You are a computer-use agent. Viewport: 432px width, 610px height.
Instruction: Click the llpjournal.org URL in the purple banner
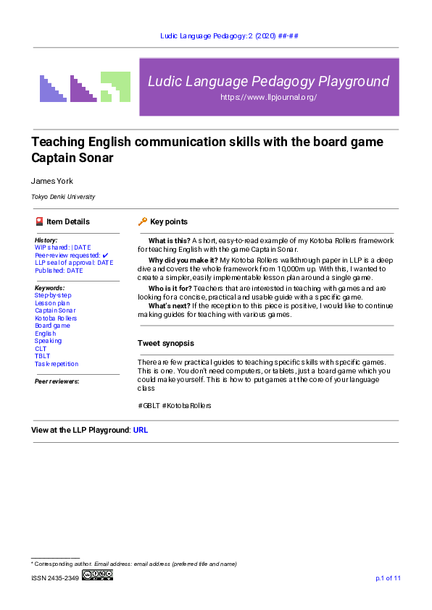268,97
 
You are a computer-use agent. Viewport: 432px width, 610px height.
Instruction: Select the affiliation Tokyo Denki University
63,197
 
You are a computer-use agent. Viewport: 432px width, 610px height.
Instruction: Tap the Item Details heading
67,221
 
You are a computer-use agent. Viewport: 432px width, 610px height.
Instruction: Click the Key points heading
168,221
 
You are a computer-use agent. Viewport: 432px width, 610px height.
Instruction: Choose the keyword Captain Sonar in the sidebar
55,310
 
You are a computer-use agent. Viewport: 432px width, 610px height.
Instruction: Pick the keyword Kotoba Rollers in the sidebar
56,318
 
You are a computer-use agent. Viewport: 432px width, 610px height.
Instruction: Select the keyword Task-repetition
57,364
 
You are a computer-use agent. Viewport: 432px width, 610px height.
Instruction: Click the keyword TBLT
42,356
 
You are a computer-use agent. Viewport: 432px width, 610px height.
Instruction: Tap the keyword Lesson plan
52,303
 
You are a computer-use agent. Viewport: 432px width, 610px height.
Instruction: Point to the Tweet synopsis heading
165,343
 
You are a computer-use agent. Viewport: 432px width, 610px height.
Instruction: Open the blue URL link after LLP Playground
141,430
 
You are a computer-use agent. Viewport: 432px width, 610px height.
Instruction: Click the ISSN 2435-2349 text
54,578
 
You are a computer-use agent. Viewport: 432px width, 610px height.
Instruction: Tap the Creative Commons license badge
98,575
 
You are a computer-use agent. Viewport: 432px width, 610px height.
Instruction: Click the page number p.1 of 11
388,578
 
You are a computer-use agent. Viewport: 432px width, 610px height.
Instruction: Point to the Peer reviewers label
57,381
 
